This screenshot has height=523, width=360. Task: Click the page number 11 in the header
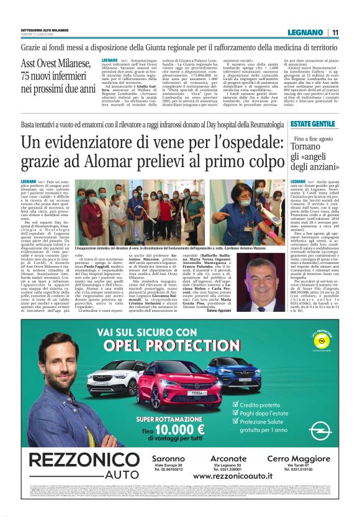(335, 32)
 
